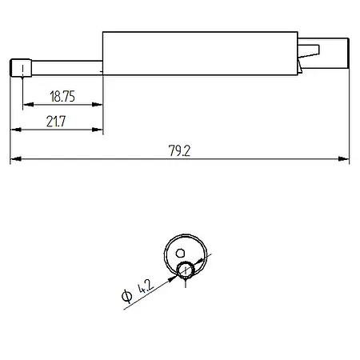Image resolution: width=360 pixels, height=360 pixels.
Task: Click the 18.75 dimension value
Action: pos(62,96)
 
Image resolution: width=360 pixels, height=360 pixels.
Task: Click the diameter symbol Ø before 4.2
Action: pos(128,298)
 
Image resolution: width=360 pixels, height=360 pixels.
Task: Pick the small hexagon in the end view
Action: pos(180,253)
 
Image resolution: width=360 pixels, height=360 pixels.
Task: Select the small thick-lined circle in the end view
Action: pos(186,269)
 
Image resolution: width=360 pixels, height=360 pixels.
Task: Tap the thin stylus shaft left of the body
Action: pos(64,66)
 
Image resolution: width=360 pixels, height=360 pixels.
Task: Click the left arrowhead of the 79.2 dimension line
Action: pos(14,160)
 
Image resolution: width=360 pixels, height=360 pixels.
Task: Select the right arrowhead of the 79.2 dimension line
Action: pos(346,160)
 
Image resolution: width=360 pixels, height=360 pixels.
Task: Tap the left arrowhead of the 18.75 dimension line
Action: pos(26,104)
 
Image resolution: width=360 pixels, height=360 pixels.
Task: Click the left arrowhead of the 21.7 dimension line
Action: pos(14,129)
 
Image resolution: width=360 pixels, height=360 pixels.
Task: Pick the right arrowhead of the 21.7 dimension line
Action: pos(100,129)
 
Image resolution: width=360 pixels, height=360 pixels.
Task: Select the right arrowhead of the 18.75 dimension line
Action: pos(99,104)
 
